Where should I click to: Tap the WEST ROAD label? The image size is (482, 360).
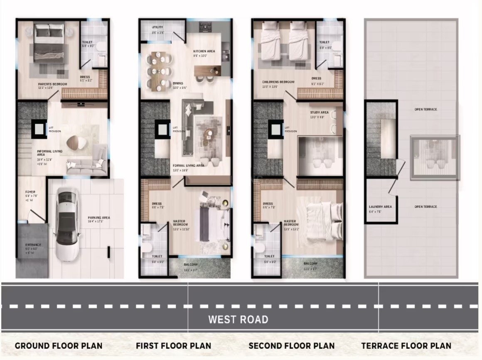tap(238, 319)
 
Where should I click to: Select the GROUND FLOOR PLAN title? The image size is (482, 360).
tap(59, 345)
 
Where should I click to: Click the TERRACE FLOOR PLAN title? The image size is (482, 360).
tap(406, 345)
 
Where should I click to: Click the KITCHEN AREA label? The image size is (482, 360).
tap(204, 51)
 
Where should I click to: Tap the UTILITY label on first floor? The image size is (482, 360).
tap(157, 27)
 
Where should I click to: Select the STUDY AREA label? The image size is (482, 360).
tap(319, 113)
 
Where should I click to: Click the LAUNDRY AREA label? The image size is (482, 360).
tap(380, 207)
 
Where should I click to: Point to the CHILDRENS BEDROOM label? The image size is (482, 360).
tap(278, 82)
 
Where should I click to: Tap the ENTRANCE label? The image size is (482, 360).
tap(33, 245)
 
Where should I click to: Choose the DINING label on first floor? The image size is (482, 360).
tap(178, 83)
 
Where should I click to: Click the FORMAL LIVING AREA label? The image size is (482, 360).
tap(188, 165)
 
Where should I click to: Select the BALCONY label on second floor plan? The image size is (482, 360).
tap(310, 264)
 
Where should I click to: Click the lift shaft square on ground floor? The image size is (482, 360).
tap(38, 130)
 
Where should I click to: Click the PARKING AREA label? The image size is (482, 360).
tap(99, 218)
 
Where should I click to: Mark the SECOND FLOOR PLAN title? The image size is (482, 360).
tap(291, 345)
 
